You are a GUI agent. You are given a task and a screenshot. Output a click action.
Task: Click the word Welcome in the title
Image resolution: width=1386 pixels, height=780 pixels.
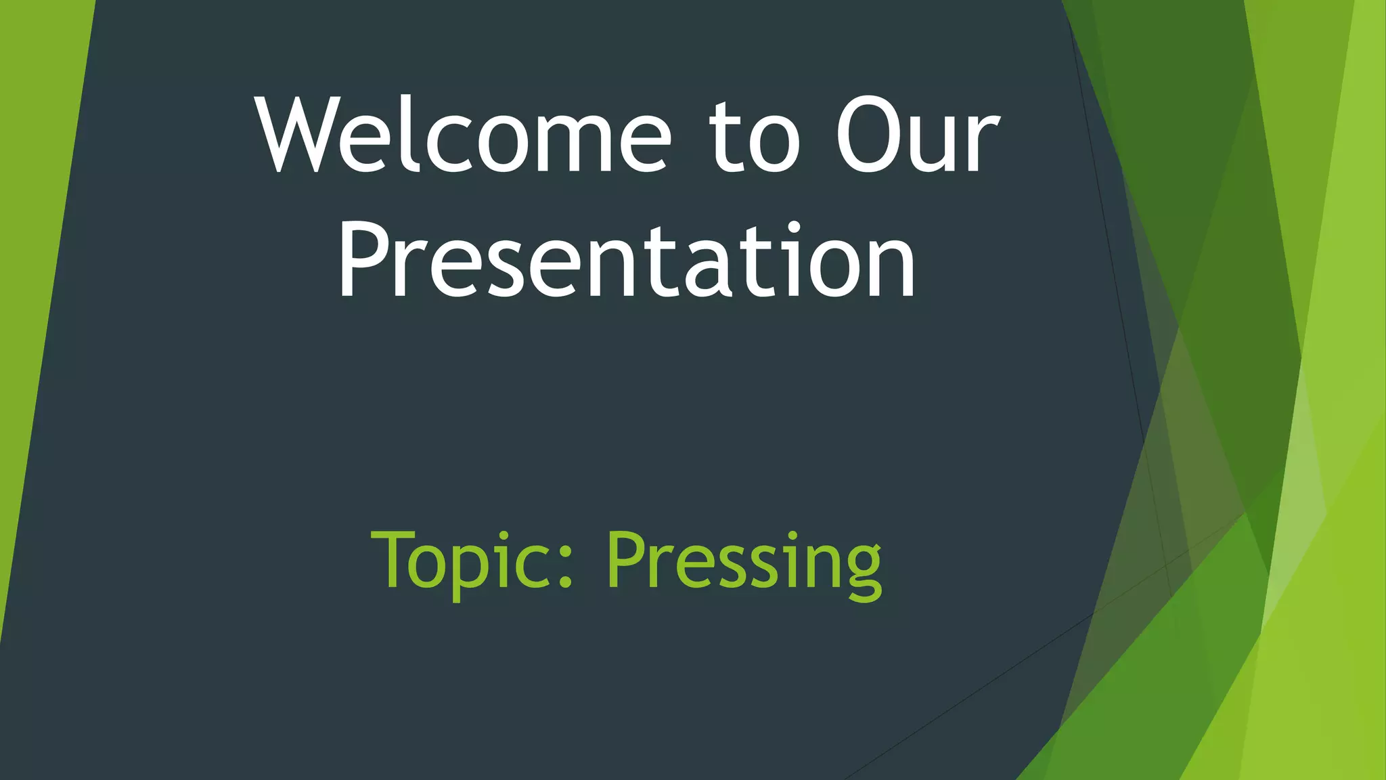[464, 135]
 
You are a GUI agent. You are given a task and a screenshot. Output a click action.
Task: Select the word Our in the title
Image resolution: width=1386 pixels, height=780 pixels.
[917, 135]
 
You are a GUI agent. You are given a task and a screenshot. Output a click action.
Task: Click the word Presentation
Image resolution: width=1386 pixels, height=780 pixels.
[626, 261]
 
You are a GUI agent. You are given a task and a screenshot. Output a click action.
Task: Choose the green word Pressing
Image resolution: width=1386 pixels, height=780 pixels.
[744, 562]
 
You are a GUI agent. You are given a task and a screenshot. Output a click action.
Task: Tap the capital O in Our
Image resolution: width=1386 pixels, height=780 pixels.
[870, 135]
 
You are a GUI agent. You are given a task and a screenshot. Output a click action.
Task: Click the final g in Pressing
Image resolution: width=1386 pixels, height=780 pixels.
[862, 572]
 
